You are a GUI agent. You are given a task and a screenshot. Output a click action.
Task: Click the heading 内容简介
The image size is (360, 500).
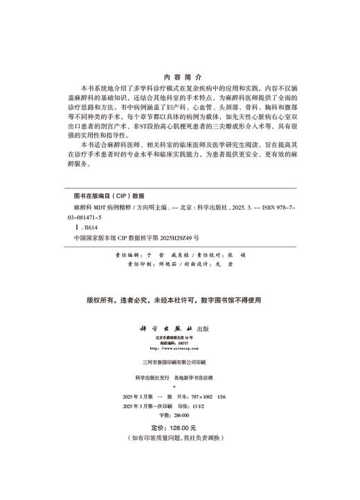[179, 78]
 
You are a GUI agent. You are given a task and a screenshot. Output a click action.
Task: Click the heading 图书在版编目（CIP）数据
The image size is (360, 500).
[107, 196]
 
